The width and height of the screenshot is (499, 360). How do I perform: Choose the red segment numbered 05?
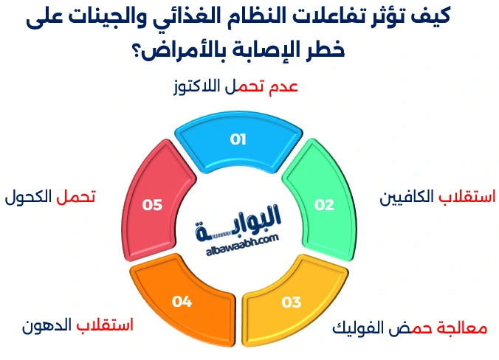[x=152, y=204]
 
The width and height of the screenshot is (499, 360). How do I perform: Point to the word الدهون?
[x=46, y=325]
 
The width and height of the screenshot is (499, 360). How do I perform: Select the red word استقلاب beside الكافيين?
[x=464, y=198]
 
